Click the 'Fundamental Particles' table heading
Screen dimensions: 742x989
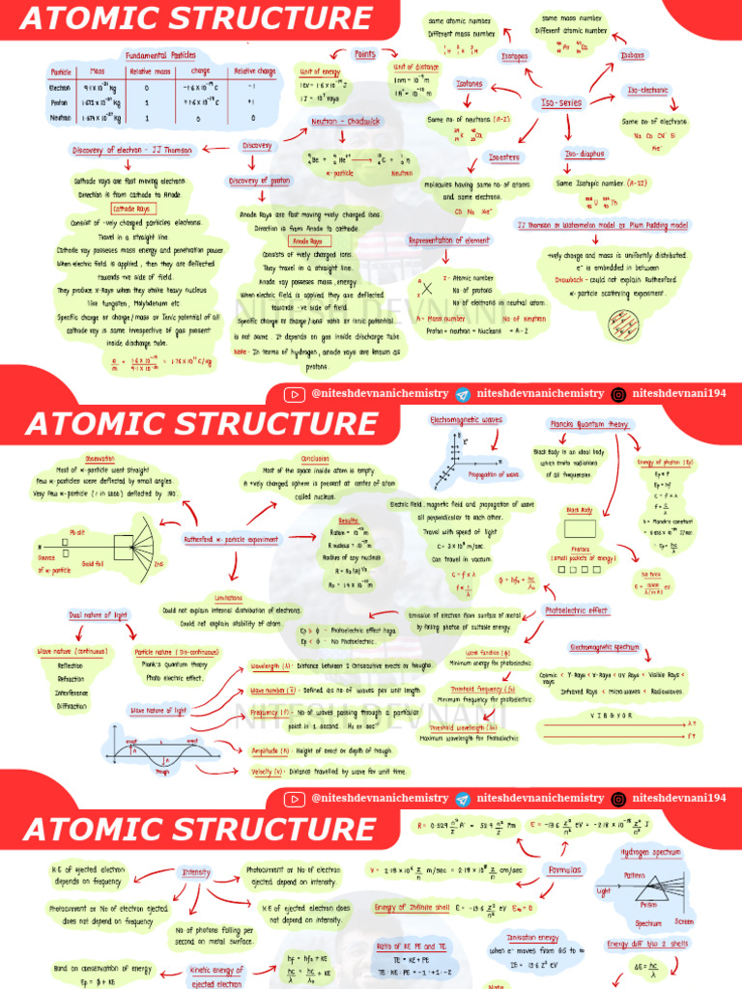160,55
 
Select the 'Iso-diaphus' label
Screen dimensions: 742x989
584,154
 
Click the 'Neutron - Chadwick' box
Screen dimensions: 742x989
345,121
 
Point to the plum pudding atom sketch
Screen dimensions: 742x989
622,326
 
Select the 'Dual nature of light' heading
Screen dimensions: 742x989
99,614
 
